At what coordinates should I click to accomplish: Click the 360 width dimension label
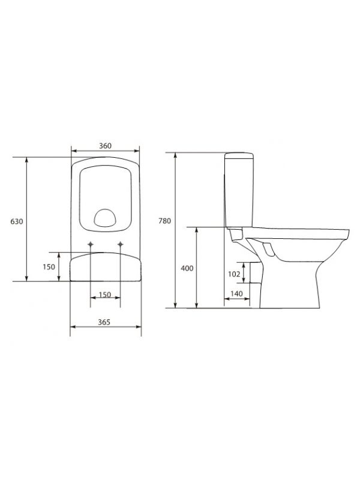pyautogui.click(x=105, y=146)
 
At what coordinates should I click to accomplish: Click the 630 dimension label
pyautogui.click(x=17, y=221)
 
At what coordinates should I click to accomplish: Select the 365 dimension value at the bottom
pyautogui.click(x=104, y=322)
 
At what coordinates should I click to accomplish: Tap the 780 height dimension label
pyautogui.click(x=164, y=221)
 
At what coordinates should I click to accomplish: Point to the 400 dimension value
pyautogui.click(x=187, y=268)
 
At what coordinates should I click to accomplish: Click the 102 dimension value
pyautogui.click(x=234, y=274)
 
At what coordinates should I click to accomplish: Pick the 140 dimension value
pyautogui.click(x=236, y=293)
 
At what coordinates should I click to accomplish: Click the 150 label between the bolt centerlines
pyautogui.click(x=105, y=295)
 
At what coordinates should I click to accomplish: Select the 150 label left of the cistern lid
pyautogui.click(x=49, y=266)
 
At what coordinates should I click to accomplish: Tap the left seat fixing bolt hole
pyautogui.click(x=91, y=244)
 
